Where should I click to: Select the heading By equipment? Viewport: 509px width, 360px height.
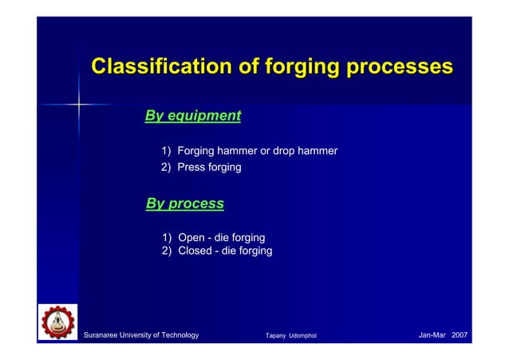tap(192, 116)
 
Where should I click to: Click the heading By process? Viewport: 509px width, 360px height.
tap(184, 204)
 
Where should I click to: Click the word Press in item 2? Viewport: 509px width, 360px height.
tap(192, 168)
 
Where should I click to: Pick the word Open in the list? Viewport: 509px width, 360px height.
tap(192, 238)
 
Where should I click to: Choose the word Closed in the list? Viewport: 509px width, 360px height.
tap(195, 251)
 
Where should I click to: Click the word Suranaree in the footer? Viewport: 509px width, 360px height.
tap(105, 334)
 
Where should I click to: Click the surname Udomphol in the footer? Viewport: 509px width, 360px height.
tap(303, 335)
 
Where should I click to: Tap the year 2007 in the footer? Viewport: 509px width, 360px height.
tap(460, 334)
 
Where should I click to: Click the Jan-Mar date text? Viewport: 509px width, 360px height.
tap(432, 334)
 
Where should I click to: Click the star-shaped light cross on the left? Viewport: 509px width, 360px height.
tap(79, 103)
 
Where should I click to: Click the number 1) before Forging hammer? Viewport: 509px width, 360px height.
tap(167, 151)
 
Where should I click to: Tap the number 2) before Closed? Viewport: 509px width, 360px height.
tap(167, 251)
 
